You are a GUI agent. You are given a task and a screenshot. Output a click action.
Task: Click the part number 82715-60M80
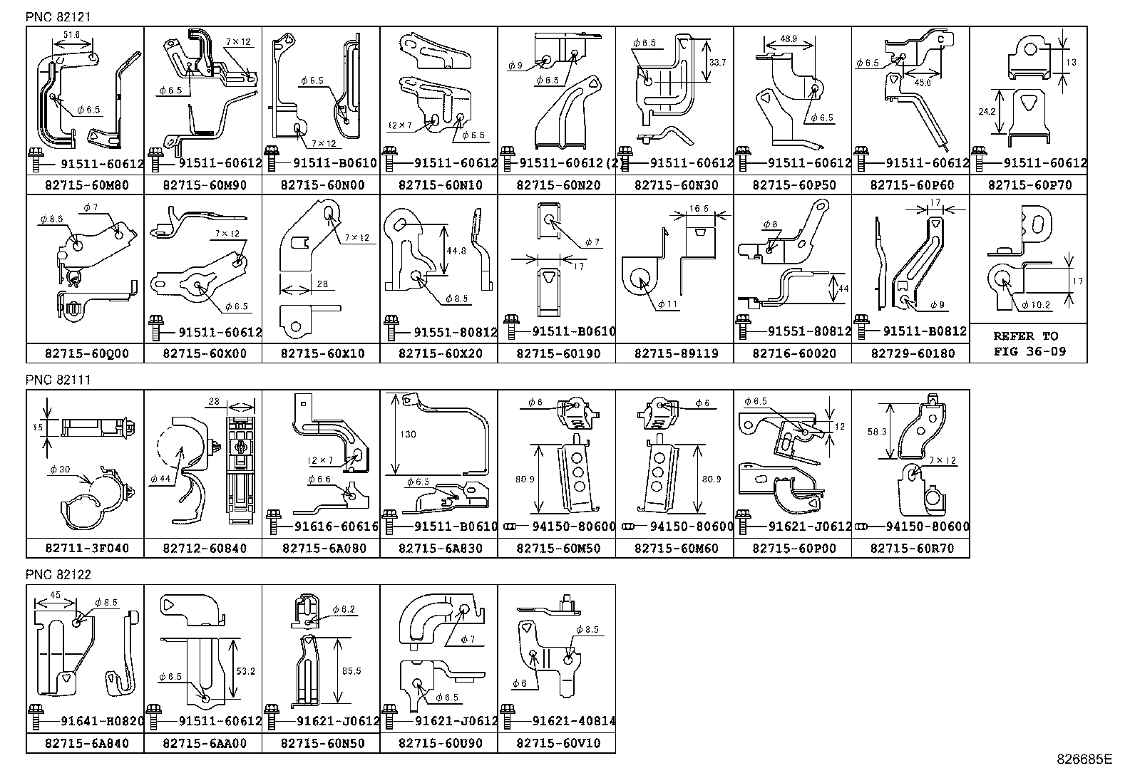85,185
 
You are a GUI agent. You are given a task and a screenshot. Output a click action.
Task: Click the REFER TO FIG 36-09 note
1027,343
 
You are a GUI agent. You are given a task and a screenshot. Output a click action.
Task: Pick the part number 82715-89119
674,353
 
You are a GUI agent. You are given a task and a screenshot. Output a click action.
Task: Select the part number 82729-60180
910,353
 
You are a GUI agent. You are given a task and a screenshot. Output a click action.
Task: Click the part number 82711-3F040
85,549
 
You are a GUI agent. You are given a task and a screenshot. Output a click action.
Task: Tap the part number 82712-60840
202,549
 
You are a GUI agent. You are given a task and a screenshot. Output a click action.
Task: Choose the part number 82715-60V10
556,743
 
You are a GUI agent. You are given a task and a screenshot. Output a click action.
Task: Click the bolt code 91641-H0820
93,722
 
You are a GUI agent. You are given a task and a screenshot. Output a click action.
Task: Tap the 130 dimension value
408,435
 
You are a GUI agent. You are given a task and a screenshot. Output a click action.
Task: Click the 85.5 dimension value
351,671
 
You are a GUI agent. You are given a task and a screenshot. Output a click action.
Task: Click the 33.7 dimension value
717,63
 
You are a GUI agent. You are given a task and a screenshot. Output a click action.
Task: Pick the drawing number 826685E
1084,759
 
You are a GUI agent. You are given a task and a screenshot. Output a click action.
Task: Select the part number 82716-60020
792,353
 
